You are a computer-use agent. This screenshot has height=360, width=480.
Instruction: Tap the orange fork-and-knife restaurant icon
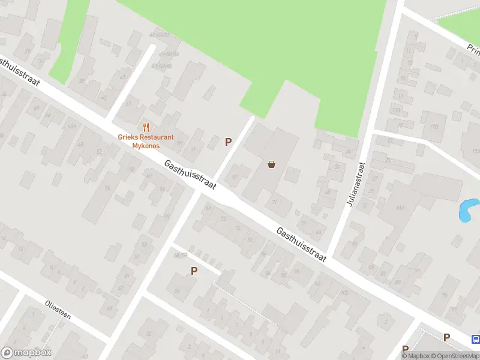point(145,127)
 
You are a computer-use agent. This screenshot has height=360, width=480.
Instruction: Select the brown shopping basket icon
point(271,164)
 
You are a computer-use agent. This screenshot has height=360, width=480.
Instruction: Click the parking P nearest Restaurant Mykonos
point(228,142)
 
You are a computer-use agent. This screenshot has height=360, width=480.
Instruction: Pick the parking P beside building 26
point(194,271)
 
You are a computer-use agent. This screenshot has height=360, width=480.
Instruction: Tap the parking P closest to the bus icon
point(446,338)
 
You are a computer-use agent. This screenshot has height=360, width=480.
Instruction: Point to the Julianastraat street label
point(355,184)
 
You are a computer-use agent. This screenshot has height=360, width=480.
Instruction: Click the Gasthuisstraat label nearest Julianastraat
point(301,244)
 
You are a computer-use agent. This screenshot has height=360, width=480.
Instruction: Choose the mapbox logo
point(26,353)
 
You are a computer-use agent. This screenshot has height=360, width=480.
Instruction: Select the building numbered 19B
point(434,127)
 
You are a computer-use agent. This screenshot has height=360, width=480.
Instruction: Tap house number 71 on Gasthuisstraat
point(274,203)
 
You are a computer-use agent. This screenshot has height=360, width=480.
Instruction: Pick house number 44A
point(72,125)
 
